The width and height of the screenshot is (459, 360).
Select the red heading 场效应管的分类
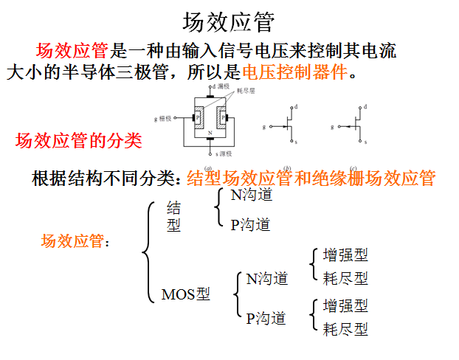[x=79, y=139]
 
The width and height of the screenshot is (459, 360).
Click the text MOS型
[x=185, y=294]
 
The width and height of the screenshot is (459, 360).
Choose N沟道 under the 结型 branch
[x=251, y=195]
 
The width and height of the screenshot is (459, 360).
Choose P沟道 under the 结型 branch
[x=250, y=224]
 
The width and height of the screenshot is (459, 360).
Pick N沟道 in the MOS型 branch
[x=266, y=279]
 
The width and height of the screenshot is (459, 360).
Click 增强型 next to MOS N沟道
[x=345, y=255]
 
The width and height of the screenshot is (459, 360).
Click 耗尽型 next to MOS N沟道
[x=345, y=278]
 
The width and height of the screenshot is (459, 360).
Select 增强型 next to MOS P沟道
[x=345, y=305]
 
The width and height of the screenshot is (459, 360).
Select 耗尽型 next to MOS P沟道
[x=345, y=329]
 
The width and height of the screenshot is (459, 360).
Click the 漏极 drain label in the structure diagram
[x=222, y=87]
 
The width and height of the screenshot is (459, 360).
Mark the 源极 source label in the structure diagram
[x=224, y=154]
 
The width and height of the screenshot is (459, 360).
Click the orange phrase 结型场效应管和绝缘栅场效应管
[x=311, y=178]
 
